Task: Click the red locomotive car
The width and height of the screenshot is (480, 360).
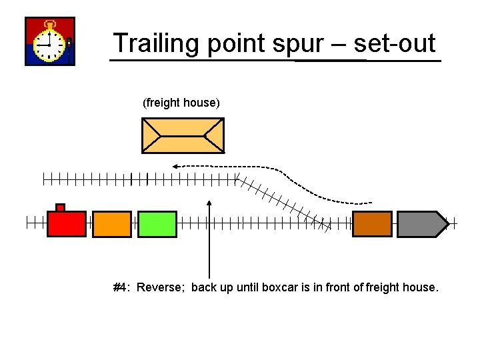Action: [x=67, y=224]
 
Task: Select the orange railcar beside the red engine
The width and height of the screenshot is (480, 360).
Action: [x=112, y=224]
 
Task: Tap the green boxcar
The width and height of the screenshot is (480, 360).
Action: [x=157, y=224]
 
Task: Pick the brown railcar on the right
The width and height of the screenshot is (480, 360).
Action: [x=372, y=224]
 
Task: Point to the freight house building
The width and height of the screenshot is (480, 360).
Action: [x=183, y=135]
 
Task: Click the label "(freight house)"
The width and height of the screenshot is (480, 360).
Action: [x=181, y=103]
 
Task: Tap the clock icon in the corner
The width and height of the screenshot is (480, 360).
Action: [x=50, y=41]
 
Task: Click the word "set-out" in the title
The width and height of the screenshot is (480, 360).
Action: [x=395, y=43]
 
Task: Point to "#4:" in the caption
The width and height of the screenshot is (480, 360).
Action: [x=122, y=288]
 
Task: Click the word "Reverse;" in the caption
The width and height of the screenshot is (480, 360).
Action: [x=161, y=288]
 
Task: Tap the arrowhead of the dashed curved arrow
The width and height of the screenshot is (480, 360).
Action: [x=174, y=165]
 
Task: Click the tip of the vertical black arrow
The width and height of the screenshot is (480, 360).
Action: [x=209, y=201]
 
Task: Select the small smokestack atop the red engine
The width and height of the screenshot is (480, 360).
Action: [x=60, y=207]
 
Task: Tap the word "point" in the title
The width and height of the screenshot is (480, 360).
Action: [x=235, y=43]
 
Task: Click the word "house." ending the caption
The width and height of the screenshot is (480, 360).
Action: [x=421, y=288]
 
